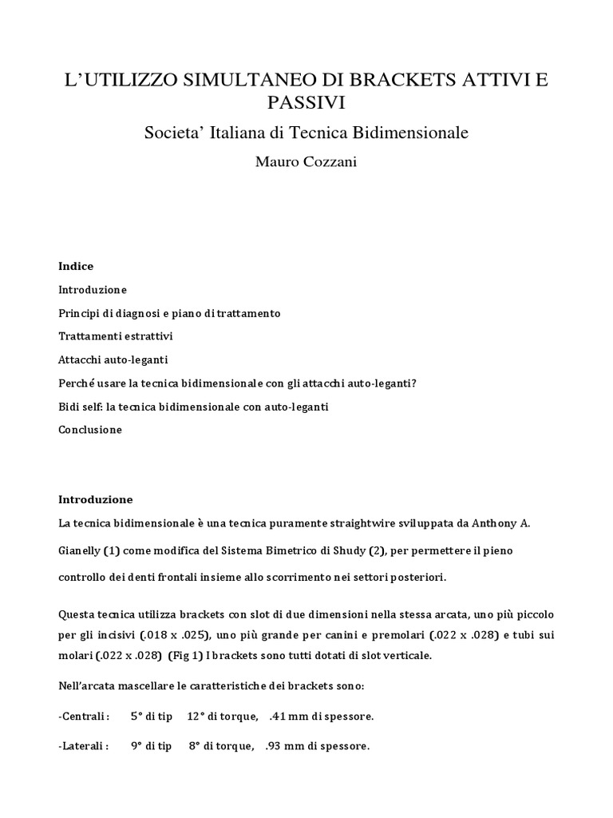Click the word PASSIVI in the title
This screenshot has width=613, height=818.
tap(306, 103)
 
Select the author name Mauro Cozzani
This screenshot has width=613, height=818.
tap(306, 162)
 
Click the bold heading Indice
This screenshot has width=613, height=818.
tap(76, 266)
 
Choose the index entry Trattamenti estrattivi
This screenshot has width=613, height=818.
tap(115, 336)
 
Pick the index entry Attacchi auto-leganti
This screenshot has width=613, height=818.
tap(113, 360)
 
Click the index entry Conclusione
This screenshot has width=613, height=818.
tap(90, 430)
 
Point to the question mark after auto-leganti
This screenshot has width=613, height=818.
tap(414, 383)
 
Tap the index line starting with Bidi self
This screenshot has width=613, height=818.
tap(193, 407)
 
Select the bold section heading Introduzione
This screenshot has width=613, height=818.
tap(95, 500)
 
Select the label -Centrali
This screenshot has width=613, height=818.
tap(85, 717)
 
